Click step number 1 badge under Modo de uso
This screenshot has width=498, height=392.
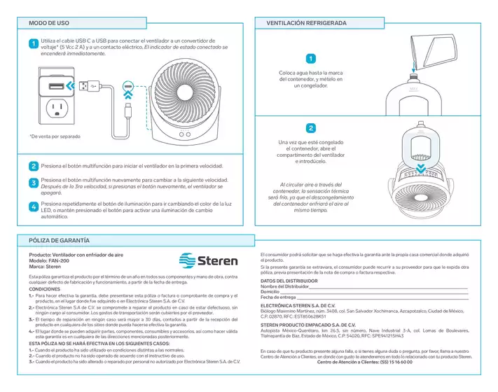coord(33,44)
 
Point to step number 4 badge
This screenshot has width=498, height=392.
coord(33,207)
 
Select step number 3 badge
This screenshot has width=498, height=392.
coord(33,183)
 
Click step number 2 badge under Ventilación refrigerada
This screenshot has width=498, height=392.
coord(311,128)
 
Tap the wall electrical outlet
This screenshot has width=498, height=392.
coord(55,108)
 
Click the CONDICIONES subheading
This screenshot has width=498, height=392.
coord(44,289)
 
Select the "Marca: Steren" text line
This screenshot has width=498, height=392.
coord(45,267)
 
